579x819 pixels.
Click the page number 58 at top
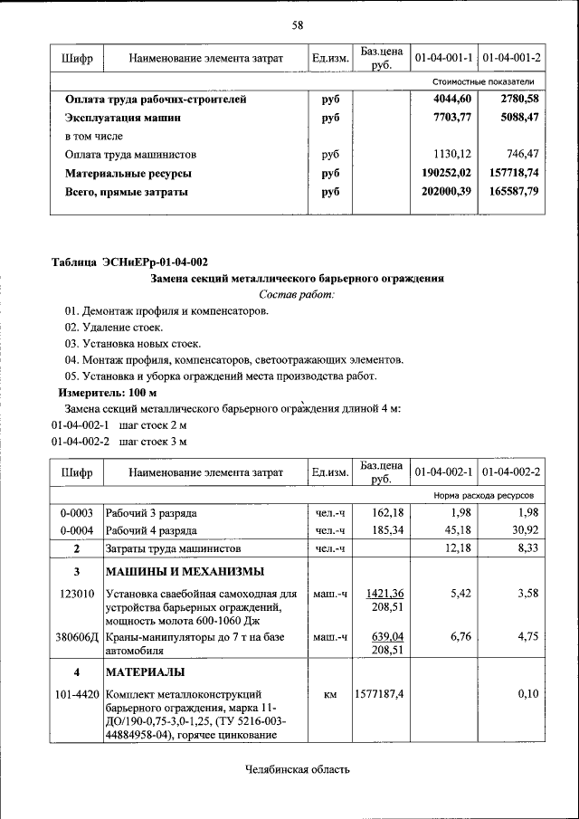[x=297, y=24]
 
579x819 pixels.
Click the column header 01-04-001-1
[x=444, y=58]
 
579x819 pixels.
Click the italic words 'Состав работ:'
[x=297, y=295]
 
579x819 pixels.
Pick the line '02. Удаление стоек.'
[x=113, y=327]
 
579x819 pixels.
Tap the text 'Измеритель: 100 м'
[x=108, y=393]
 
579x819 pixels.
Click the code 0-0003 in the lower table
[x=77, y=512]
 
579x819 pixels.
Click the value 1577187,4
[x=379, y=694]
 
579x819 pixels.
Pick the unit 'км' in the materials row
[x=330, y=694]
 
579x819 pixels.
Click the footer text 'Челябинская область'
[x=297, y=770]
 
